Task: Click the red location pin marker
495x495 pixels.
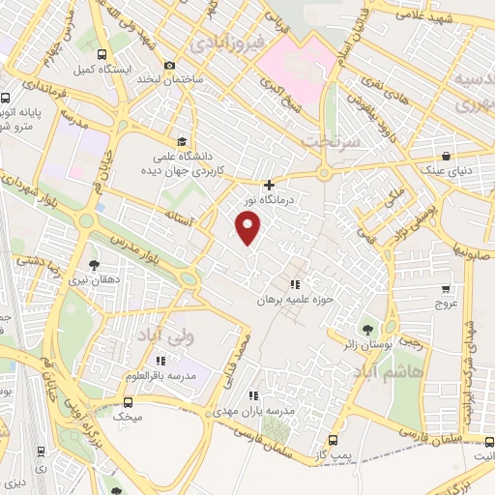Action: (249, 227)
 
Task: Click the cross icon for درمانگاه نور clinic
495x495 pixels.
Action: (269, 185)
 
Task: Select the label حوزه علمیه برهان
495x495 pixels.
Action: (294, 300)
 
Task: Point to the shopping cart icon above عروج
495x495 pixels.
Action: (446, 288)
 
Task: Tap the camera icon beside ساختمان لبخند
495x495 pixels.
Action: (170, 66)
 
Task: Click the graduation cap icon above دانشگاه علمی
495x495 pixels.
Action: (182, 140)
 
